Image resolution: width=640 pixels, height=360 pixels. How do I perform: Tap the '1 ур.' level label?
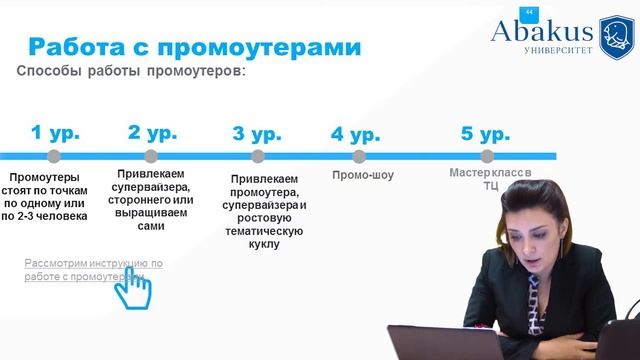point(55,133)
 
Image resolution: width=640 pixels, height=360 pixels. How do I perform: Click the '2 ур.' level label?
point(152,133)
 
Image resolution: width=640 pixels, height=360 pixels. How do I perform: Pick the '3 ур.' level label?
point(257,133)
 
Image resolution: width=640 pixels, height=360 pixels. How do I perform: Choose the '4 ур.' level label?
point(355,133)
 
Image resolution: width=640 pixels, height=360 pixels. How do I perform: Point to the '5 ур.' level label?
point(486,133)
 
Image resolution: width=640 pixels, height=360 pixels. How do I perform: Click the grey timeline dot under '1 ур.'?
point(54,156)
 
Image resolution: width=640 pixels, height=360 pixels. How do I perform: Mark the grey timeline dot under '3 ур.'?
point(258,156)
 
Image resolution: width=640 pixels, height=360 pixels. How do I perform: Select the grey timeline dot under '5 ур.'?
point(487,156)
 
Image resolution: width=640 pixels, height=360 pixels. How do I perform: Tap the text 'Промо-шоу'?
point(363,176)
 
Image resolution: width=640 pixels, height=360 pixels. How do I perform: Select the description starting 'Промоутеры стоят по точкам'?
point(58,194)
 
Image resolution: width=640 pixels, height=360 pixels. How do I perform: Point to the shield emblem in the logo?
point(617,36)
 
